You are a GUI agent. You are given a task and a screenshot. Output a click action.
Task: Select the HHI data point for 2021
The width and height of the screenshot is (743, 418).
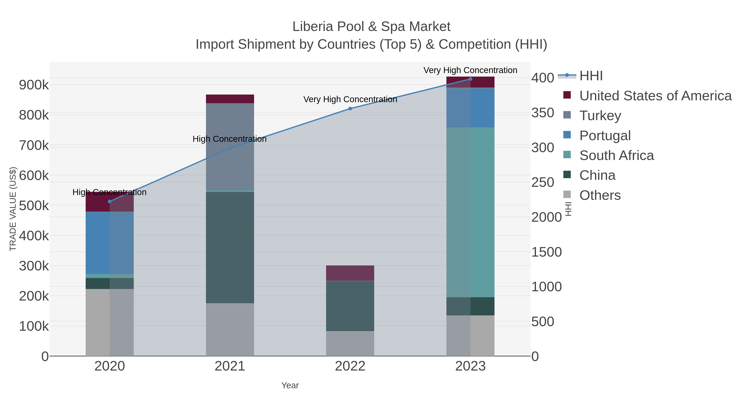(x=230, y=148)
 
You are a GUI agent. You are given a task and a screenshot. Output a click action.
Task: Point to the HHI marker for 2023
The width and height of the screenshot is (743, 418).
(x=470, y=79)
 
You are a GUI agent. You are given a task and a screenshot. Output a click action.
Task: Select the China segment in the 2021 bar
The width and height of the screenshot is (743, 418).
(x=230, y=247)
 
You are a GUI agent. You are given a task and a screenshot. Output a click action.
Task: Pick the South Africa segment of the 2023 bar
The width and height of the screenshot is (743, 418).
(x=470, y=212)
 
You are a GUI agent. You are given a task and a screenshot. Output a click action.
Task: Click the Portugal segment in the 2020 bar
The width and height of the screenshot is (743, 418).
(x=110, y=243)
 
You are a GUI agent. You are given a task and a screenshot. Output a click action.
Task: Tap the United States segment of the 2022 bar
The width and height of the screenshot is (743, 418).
(x=350, y=273)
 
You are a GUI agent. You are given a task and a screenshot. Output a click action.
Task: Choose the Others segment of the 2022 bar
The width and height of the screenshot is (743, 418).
(x=350, y=343)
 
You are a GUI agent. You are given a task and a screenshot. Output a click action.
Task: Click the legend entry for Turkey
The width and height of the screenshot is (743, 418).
(x=600, y=116)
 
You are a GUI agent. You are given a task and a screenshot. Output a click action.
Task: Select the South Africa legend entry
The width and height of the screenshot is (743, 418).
(x=616, y=155)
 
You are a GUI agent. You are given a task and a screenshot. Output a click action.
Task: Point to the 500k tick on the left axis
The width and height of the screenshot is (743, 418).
(x=34, y=206)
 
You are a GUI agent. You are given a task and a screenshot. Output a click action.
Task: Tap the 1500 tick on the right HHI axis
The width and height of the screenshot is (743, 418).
(x=546, y=252)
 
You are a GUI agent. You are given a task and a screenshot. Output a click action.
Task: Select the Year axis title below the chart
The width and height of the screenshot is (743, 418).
(x=290, y=385)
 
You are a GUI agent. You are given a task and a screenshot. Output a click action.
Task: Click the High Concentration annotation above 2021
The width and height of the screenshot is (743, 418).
(x=230, y=139)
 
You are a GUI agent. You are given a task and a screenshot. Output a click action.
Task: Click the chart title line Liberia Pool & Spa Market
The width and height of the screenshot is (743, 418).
(x=371, y=27)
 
